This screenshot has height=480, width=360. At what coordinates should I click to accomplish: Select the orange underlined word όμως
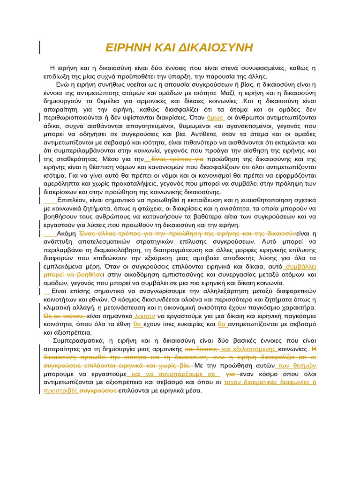(216, 117)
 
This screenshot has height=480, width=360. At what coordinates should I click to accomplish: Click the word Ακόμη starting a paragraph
(66, 233)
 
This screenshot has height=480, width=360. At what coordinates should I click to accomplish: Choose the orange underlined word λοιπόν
(144, 316)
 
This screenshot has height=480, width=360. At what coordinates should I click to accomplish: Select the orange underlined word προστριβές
(60, 390)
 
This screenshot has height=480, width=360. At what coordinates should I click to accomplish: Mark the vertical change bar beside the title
(39, 47)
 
